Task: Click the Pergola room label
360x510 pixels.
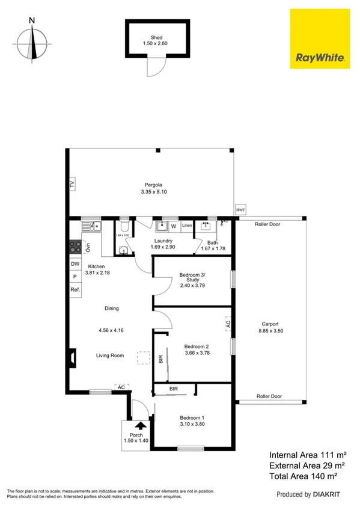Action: (153, 185)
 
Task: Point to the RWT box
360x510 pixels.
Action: (240, 209)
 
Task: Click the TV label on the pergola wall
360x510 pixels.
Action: (72, 184)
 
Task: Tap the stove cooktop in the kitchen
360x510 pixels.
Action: (76, 247)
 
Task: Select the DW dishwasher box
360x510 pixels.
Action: (75, 264)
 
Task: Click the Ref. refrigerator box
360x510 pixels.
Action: (75, 290)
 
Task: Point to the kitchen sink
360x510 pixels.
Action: (94, 227)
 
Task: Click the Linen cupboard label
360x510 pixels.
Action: (186, 226)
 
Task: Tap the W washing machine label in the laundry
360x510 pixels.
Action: (174, 227)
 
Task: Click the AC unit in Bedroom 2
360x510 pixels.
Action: (228, 324)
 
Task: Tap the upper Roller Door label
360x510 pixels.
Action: (268, 224)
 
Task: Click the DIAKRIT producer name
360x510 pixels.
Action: (329, 495)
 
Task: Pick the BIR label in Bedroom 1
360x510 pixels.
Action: (173, 389)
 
